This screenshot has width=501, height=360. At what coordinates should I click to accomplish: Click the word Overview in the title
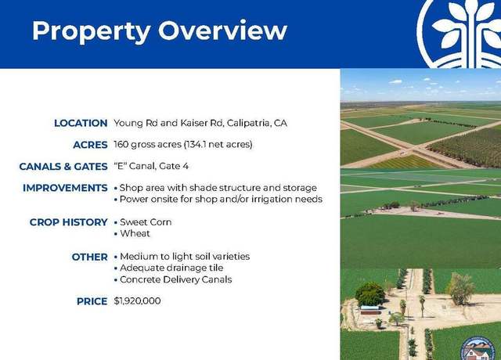tap(222, 31)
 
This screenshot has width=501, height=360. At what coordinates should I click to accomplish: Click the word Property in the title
tap(91, 32)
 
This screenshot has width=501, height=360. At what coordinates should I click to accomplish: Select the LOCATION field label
tap(81, 123)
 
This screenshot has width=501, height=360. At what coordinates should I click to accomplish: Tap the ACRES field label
tap(90, 145)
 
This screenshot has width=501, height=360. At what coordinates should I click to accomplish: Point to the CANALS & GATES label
tap(63, 167)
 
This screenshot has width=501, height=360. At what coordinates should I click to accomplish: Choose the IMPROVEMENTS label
tap(65, 188)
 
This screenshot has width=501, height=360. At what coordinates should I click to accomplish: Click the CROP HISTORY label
tap(68, 222)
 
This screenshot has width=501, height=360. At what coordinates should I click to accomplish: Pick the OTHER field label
tap(89, 257)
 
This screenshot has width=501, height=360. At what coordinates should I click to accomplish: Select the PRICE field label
tap(92, 301)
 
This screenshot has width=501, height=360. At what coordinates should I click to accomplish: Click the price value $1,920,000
tap(137, 301)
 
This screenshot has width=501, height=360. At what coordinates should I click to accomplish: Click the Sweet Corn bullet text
tap(146, 222)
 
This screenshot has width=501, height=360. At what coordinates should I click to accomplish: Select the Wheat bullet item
tap(135, 233)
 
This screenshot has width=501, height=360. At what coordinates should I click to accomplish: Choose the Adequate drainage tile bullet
tap(171, 268)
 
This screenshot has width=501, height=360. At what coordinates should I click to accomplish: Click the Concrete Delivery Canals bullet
tap(175, 279)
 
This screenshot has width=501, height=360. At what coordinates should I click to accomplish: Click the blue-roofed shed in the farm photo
tap(370, 310)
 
